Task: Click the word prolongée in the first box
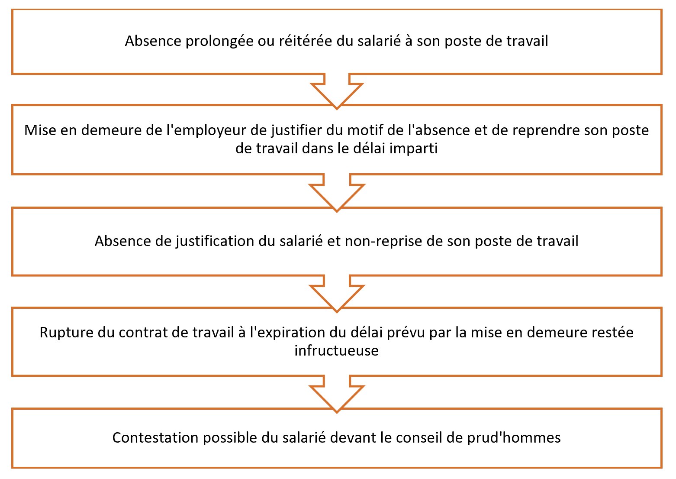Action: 219,42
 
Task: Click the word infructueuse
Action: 337,351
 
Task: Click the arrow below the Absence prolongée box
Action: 337,91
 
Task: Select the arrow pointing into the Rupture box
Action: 337,293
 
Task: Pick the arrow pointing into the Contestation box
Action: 337,394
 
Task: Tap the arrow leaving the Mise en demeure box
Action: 337,192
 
